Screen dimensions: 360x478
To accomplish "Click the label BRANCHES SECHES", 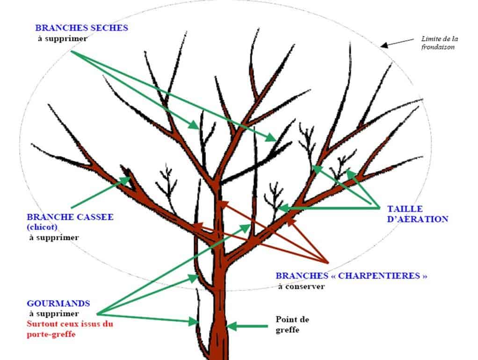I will pos(81,28).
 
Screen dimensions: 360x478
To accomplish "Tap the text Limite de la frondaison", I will pos(437,43).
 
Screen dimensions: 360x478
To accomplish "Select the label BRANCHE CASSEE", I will pos(70,217).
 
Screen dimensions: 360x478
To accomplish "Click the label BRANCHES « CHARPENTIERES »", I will pos(351,276).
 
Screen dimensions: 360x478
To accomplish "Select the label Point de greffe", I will pos(292,324).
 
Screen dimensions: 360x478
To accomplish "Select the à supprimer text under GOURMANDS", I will pos(54,314).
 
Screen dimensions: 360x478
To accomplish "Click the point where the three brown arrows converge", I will pos(325,262).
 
